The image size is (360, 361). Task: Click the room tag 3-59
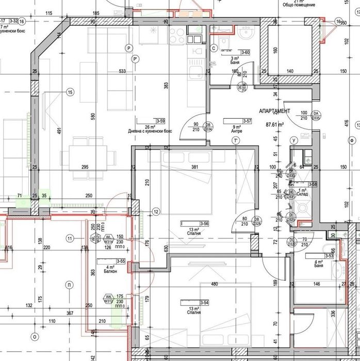160,121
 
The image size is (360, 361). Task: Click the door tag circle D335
316,116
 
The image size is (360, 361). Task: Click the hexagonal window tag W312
109,300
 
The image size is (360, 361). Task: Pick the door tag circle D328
258,222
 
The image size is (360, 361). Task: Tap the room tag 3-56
204,224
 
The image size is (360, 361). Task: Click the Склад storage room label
302,194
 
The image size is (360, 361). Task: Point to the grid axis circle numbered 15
70,92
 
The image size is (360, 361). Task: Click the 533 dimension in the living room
122,71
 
